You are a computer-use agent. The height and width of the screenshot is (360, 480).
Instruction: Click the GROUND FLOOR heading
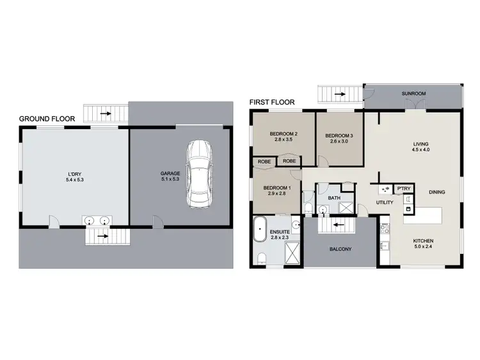[x=47, y=118]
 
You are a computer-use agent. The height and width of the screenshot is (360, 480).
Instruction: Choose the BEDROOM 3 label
[x=339, y=136]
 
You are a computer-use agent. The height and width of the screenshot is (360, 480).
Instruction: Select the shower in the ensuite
[x=290, y=256]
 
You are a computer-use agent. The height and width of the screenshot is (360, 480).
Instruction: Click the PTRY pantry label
[x=403, y=189]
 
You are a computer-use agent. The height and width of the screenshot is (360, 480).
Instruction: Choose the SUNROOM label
[x=413, y=94]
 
